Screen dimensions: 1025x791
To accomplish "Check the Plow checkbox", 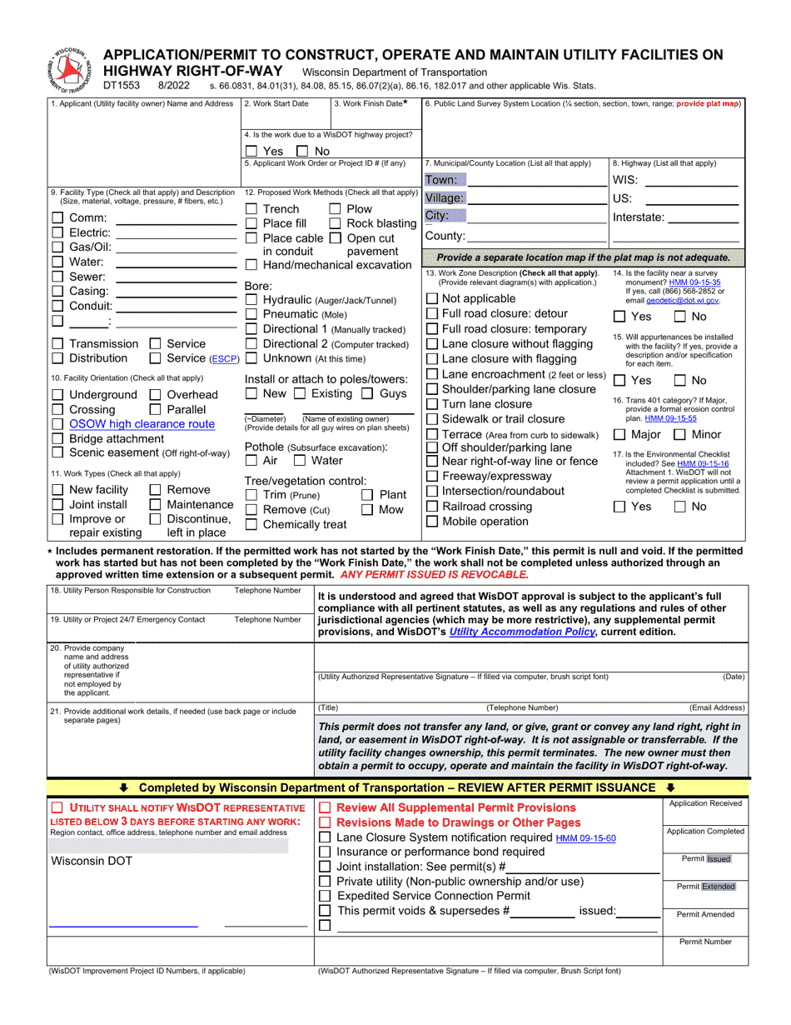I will click(x=335, y=209).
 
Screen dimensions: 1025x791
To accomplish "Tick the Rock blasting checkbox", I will click(x=335, y=223).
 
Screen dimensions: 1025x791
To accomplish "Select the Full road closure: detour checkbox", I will click(x=431, y=313).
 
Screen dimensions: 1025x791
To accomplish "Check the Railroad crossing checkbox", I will click(x=431, y=507).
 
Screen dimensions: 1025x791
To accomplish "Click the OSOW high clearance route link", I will click(x=142, y=424).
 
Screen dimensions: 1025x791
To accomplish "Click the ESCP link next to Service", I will click(x=223, y=359).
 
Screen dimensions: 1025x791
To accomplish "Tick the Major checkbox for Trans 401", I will click(x=620, y=434).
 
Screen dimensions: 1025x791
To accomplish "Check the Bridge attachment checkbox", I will click(x=57, y=438).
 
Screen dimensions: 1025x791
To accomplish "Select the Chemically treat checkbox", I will click(x=251, y=524).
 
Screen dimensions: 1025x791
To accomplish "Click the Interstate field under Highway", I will click(x=704, y=217).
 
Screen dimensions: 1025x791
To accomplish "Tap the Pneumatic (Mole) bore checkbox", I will click(x=251, y=314).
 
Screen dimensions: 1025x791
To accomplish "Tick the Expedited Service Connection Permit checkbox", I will click(x=326, y=896).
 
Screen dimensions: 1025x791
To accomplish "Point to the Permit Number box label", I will click(x=705, y=942).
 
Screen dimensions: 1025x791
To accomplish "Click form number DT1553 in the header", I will click(x=122, y=85).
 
